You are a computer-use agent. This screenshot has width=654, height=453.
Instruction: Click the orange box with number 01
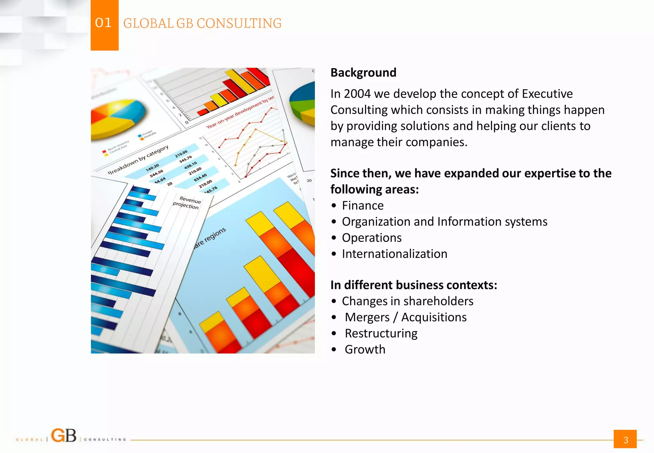point(104,25)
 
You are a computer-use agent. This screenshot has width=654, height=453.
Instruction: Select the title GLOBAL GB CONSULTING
point(202,23)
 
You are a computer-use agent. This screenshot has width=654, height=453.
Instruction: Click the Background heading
point(363,73)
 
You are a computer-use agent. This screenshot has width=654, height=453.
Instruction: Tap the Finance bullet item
point(362,205)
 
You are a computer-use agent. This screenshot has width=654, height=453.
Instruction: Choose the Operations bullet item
point(371,238)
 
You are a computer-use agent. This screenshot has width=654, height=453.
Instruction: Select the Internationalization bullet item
point(394,254)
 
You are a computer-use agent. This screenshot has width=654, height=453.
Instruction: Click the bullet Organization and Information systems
point(444,222)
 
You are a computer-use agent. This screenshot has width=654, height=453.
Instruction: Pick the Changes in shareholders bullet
point(407,301)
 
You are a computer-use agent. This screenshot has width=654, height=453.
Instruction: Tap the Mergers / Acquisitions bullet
point(406,317)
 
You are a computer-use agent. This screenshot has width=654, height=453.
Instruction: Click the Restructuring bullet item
point(381,333)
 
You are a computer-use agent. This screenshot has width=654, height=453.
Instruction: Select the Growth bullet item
point(365,349)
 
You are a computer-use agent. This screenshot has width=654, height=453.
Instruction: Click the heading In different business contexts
point(414,285)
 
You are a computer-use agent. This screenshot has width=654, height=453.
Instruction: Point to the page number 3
point(625,440)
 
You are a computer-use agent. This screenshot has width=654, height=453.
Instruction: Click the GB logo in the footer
point(64,436)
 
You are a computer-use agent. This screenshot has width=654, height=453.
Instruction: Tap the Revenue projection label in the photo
point(188,203)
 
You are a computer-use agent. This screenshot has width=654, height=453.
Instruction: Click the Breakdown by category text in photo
point(138,159)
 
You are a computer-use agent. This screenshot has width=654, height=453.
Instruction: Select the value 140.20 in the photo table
point(152,167)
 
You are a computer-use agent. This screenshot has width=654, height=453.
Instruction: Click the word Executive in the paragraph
point(547,94)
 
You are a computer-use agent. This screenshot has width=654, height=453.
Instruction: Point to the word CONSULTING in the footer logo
point(105,440)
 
